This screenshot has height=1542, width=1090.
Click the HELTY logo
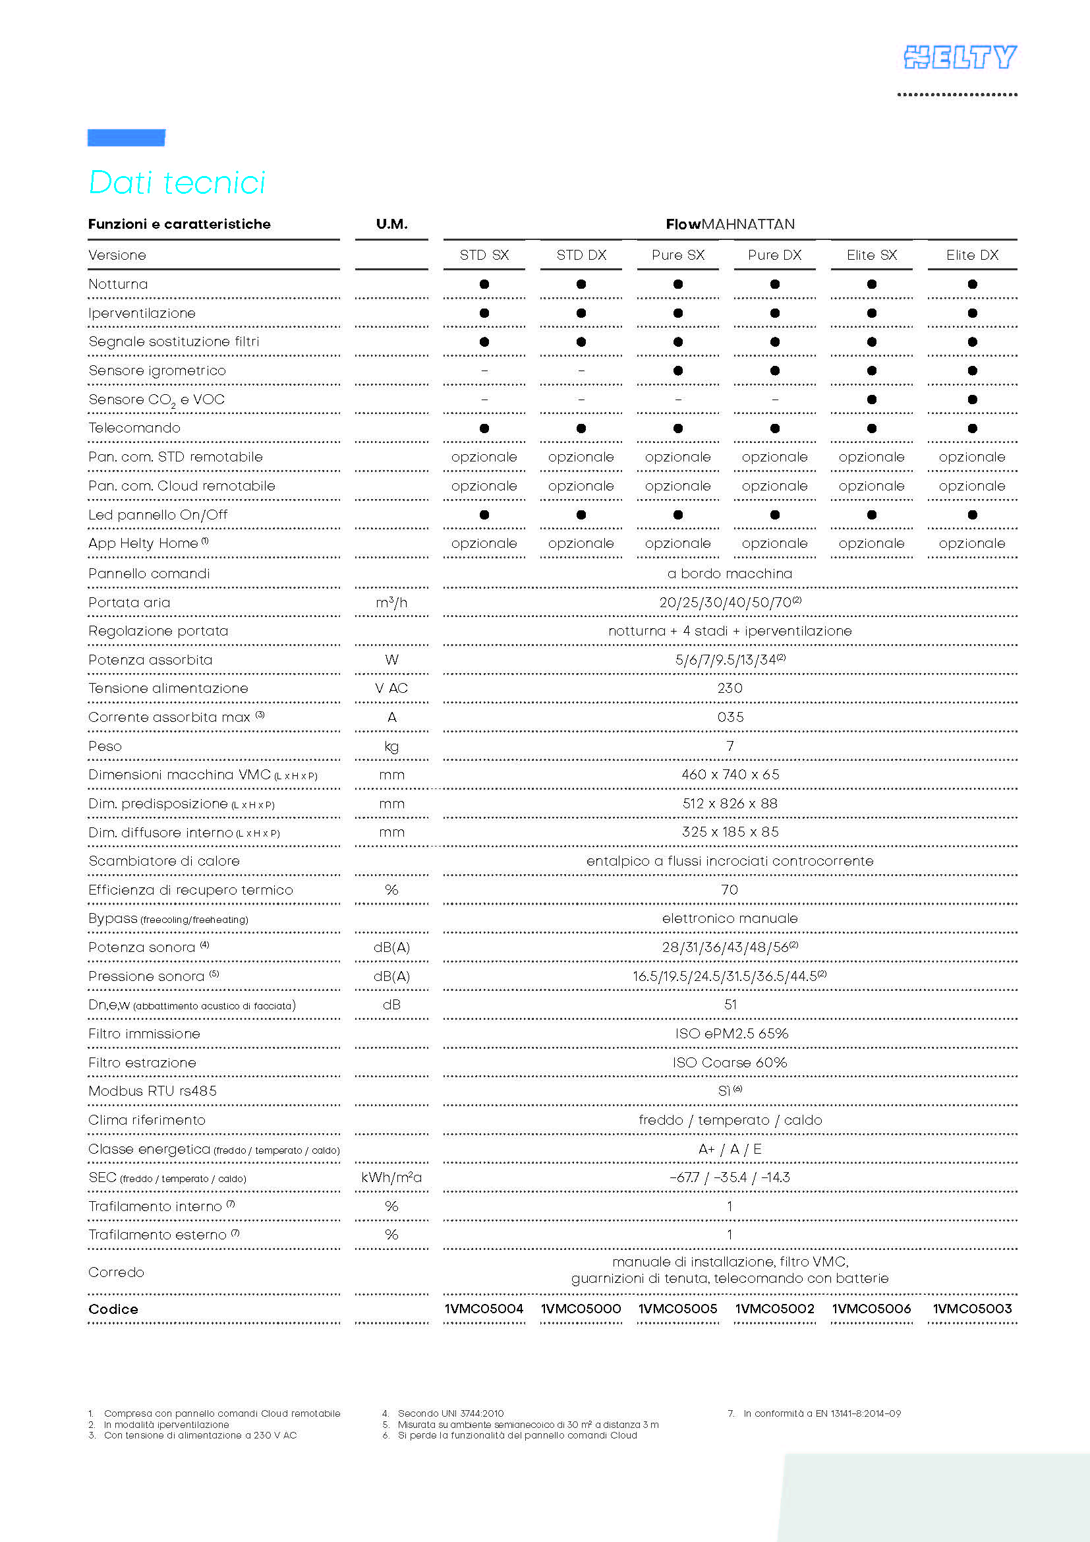(959, 58)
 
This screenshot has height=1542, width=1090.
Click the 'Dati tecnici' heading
(177, 183)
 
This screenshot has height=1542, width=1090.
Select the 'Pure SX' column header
(678, 255)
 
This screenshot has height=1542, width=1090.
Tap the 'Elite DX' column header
(972, 255)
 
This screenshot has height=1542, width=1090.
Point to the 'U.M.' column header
(391, 224)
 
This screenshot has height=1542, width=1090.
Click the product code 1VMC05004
(484, 1308)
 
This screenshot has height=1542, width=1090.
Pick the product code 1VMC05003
(972, 1308)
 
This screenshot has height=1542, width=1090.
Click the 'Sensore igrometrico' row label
(157, 371)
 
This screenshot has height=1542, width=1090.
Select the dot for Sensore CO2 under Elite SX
(871, 400)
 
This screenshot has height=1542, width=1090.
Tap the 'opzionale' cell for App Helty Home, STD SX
(484, 543)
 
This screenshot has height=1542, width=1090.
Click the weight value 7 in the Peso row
(730, 746)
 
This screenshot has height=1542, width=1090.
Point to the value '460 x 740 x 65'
(730, 775)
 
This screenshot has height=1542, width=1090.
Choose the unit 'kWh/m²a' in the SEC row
(391, 1177)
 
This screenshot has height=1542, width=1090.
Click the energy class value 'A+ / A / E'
(730, 1149)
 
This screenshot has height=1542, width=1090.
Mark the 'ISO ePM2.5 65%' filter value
(731, 1034)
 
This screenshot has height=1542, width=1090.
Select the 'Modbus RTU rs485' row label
(152, 1091)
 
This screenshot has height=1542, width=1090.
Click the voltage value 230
(730, 688)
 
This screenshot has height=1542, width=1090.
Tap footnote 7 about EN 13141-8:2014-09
(815, 1413)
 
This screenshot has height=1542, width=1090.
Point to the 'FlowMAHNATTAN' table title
(730, 224)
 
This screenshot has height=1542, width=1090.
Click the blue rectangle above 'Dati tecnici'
(126, 137)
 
